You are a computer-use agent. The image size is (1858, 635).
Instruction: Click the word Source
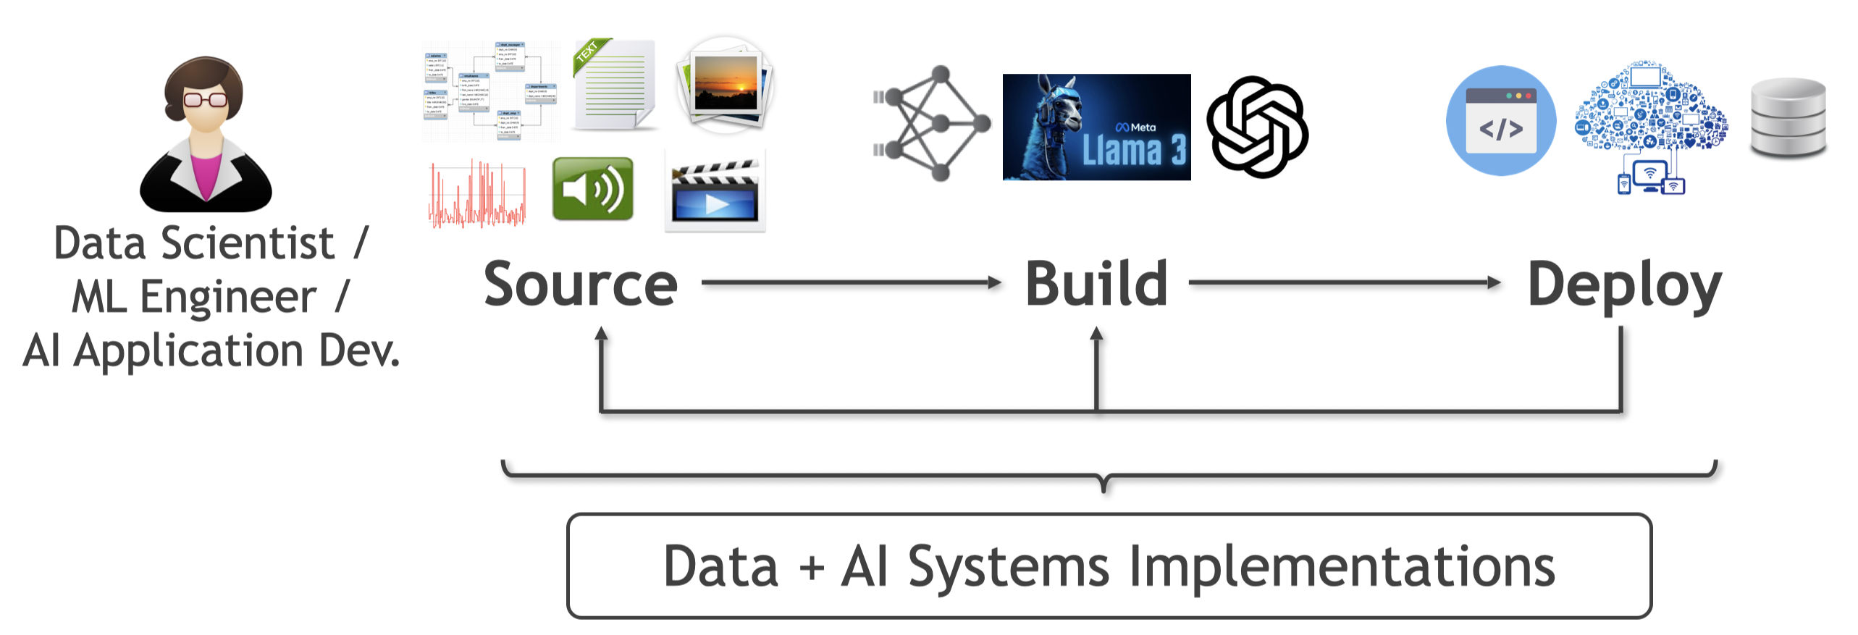(x=581, y=285)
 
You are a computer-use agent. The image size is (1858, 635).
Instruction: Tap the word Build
(x=1096, y=285)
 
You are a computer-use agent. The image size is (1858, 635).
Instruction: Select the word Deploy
(x=1624, y=287)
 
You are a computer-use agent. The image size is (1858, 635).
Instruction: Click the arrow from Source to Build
(x=851, y=282)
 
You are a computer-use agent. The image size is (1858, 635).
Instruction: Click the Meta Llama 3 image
(x=1096, y=127)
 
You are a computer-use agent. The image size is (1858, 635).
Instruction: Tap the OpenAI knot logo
(x=1258, y=127)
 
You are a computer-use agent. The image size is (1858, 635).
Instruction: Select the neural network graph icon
(x=932, y=124)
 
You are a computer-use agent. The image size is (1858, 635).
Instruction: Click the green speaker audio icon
(x=592, y=189)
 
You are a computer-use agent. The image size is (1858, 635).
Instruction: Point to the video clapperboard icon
(x=715, y=192)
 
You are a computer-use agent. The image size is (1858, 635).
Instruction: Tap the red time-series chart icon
(x=477, y=194)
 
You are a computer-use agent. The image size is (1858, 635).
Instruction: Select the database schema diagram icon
(x=490, y=91)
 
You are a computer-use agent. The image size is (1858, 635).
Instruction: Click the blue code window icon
(x=1501, y=121)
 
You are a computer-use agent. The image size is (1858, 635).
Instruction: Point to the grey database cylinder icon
(x=1788, y=118)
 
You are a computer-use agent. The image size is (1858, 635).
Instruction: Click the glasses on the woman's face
(x=206, y=99)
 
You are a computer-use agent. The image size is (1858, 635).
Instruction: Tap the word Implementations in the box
(x=1341, y=566)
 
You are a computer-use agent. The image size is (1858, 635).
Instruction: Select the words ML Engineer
(x=194, y=297)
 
